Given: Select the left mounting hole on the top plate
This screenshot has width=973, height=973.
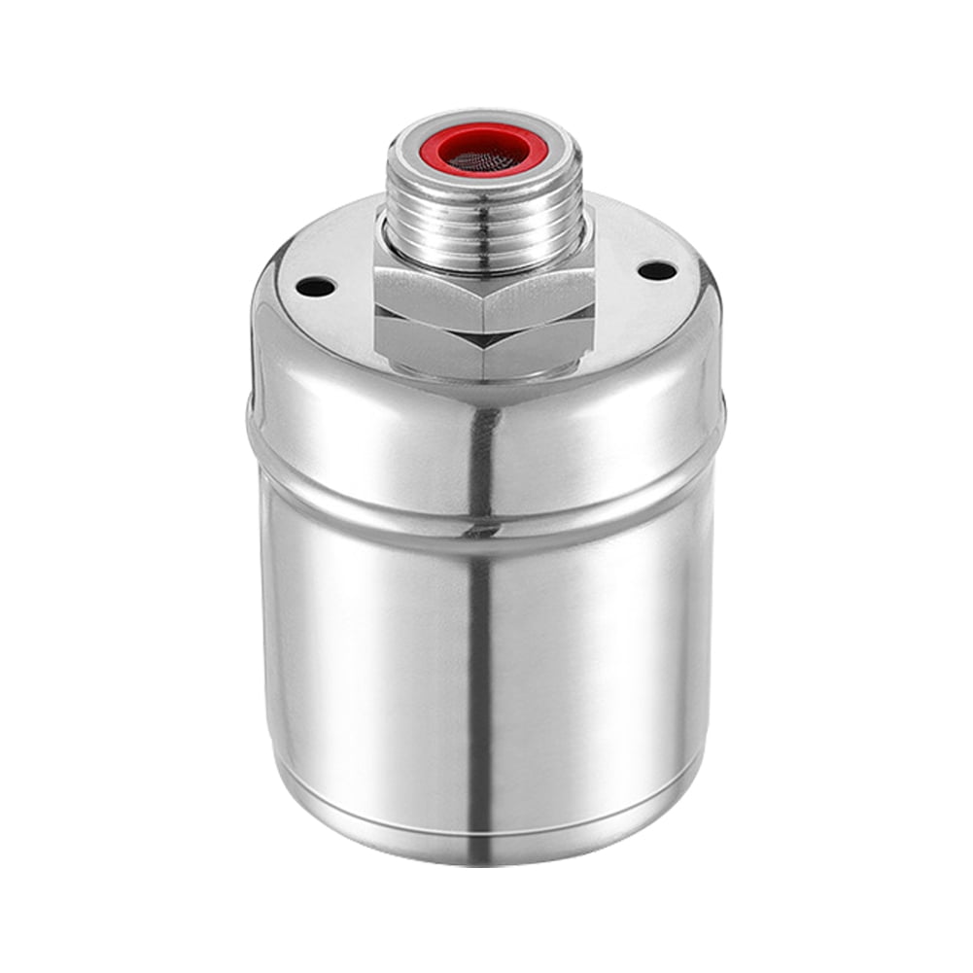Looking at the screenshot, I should click(315, 287).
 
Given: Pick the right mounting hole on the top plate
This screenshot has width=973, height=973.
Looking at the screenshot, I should click(657, 270).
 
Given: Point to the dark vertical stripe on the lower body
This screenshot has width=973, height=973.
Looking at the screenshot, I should click(480, 680).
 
